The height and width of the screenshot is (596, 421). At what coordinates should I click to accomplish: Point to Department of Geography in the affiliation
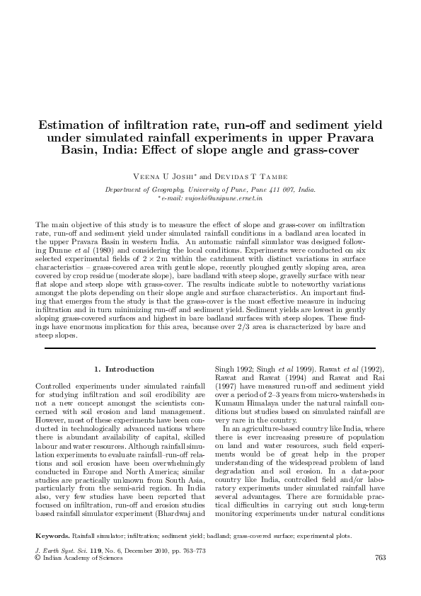(x=140, y=190)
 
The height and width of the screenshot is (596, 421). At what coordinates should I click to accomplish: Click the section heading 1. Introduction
(x=124, y=369)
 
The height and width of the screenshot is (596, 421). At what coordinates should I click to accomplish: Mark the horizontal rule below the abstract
(x=210, y=349)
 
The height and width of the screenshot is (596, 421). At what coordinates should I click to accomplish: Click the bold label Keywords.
(x=54, y=537)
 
